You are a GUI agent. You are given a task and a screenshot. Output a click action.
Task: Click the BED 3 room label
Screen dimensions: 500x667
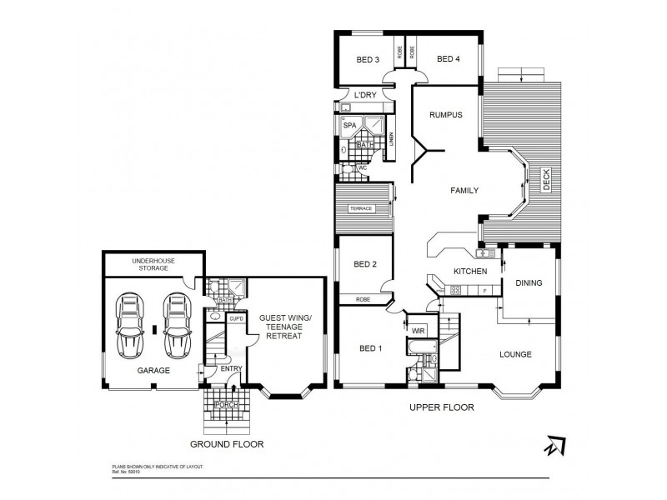(368, 59)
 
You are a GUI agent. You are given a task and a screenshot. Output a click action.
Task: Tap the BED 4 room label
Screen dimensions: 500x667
(448, 59)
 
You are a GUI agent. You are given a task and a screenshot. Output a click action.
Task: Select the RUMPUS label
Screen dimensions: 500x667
(446, 115)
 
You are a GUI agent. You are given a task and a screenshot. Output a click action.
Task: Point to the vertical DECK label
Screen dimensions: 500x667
(547, 178)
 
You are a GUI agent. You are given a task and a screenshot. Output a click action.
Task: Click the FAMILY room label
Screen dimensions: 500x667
(464, 191)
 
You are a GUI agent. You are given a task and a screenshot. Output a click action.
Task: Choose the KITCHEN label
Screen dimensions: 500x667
(469, 272)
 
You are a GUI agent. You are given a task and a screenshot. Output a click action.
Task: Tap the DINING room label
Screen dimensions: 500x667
(529, 282)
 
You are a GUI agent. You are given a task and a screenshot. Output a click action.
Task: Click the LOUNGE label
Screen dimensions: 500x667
(516, 354)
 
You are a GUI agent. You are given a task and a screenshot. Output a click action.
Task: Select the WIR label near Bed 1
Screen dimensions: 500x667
(418, 331)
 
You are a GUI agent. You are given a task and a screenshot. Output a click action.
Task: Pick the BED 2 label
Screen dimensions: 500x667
(366, 265)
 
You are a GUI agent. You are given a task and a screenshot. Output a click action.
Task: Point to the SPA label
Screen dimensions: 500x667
(350, 125)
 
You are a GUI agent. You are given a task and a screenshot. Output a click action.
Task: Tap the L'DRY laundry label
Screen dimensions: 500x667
(365, 95)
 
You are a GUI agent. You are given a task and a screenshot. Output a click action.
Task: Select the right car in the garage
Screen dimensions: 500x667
(177, 324)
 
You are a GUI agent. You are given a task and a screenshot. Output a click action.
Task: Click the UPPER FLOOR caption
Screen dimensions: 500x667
(442, 408)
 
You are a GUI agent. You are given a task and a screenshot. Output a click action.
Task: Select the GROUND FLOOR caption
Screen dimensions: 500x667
(227, 444)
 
